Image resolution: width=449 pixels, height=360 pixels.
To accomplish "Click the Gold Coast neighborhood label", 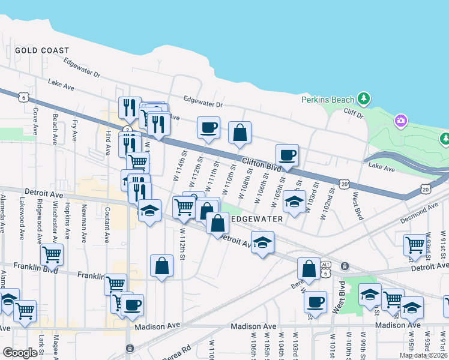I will pyautogui.click(x=42, y=51).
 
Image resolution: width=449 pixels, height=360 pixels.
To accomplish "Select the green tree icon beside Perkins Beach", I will pyautogui.click(x=363, y=98).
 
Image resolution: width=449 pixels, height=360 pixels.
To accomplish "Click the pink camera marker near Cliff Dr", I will pyautogui.click(x=400, y=121).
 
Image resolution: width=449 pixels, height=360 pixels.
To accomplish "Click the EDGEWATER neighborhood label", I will pyautogui.click(x=257, y=219).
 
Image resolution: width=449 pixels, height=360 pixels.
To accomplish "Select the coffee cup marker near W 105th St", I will pyautogui.click(x=287, y=155).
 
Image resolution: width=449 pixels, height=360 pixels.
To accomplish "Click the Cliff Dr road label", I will pyautogui.click(x=354, y=112).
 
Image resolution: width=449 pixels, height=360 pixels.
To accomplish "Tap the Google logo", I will pyautogui.click(x=20, y=353).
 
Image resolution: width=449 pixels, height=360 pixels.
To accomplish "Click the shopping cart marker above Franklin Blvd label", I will pyautogui.click(x=52, y=254).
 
